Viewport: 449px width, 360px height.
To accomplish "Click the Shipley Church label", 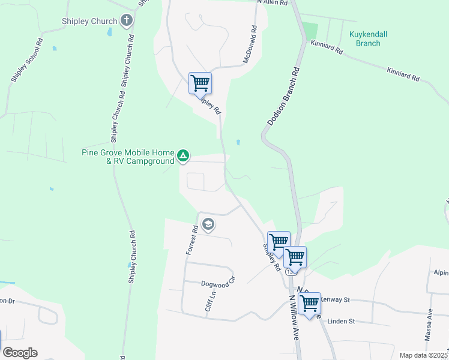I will click(x=89, y=22).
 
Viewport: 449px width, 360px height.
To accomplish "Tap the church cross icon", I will click(x=126, y=22).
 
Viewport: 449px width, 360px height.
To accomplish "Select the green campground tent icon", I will click(x=183, y=157).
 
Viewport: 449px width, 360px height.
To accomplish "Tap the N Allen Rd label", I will click(x=273, y=3).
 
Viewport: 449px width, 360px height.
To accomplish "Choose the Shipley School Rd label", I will click(x=26, y=61).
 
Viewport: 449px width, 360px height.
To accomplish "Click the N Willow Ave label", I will click(x=294, y=317).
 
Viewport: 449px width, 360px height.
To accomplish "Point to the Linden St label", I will click(x=341, y=322).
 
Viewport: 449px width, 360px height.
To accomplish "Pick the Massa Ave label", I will click(x=429, y=325).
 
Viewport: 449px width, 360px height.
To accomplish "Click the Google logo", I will click(x=20, y=353).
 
